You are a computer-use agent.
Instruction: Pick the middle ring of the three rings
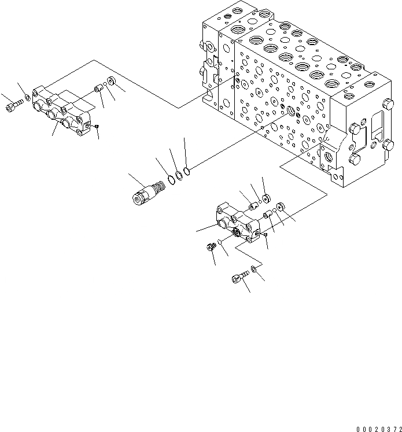pyautogui.click(x=179, y=175)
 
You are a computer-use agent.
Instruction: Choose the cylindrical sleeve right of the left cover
pyautogui.click(x=98, y=89)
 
